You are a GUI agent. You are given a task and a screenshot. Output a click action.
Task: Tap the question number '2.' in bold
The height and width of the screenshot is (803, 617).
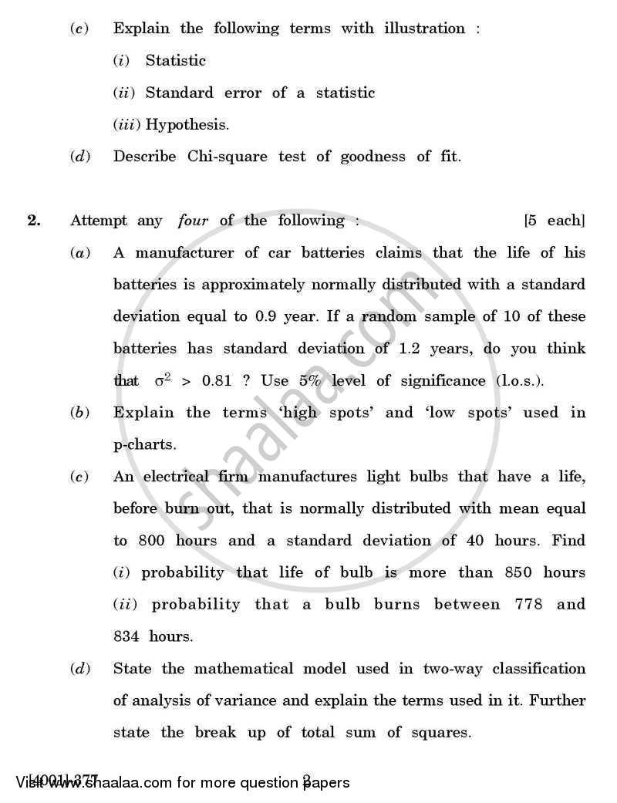[x=33, y=221]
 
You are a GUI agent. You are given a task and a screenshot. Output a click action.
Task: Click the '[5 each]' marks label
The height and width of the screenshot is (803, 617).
[x=554, y=221]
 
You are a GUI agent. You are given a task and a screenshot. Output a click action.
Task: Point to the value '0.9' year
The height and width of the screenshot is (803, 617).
[x=261, y=316]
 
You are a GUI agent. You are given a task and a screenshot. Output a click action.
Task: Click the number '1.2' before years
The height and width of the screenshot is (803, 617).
[x=414, y=348]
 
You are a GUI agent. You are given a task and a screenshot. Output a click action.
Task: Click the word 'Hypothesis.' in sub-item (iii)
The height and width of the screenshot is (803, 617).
[x=187, y=124]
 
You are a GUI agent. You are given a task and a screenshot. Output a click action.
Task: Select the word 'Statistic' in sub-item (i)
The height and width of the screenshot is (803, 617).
[x=176, y=60]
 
